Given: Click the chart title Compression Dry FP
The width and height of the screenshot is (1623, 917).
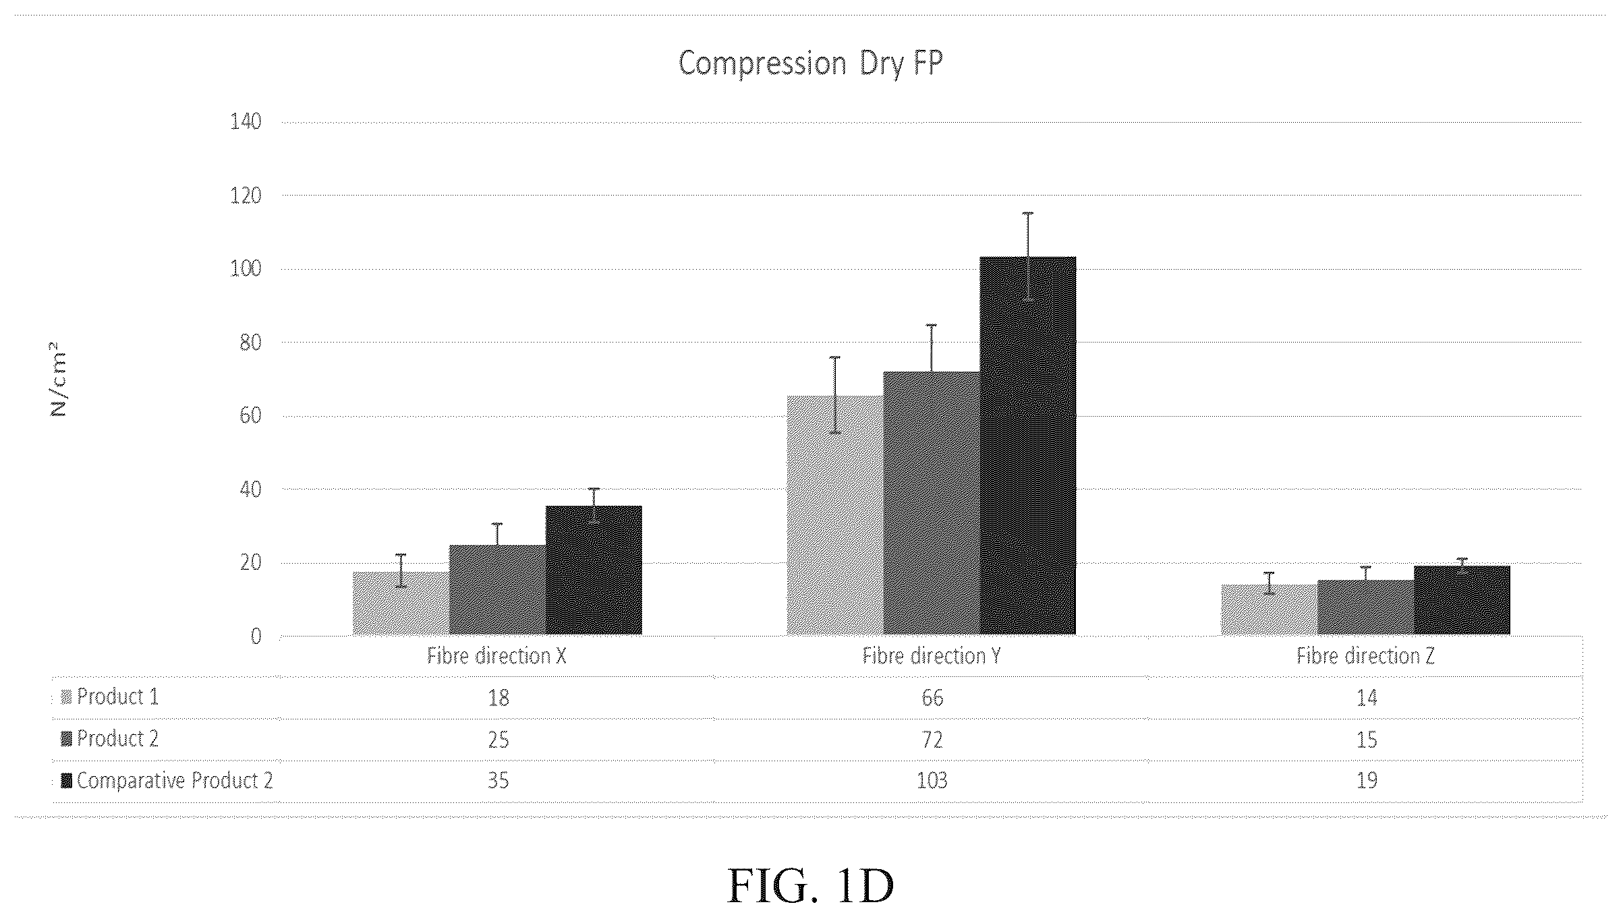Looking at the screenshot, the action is coord(810,63).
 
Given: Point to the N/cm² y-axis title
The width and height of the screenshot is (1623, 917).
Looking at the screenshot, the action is coord(59,380).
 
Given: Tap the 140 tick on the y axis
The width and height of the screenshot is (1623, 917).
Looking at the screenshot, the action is coord(246,122).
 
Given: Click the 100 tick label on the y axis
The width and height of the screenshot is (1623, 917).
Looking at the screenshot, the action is coord(246,269).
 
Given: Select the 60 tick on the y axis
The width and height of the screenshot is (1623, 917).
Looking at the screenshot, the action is coord(250,415).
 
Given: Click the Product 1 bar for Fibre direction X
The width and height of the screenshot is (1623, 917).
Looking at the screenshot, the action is coord(401,603).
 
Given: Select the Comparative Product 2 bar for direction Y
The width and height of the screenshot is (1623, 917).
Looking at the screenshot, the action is coord(1027,446).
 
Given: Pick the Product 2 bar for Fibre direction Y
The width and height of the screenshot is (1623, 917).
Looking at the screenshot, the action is coord(931,503).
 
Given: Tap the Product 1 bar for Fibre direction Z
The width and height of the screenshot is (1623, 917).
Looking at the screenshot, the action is coord(1269,610).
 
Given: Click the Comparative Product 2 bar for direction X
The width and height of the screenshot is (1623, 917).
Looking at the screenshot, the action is coord(594,570).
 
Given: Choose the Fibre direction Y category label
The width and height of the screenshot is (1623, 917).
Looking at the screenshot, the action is coord(932,656).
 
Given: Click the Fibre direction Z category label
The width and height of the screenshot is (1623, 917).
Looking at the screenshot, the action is coord(1365,656).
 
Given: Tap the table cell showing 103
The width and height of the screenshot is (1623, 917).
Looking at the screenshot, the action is coord(932,781).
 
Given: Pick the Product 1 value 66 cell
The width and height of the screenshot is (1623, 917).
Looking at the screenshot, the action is coord(932,698).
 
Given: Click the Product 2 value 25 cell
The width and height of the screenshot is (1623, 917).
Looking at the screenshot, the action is coord(498,740).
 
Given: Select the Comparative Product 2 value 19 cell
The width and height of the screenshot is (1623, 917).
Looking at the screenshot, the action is coord(1367,781).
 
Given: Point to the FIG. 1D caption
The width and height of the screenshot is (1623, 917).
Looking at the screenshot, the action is coord(811,885).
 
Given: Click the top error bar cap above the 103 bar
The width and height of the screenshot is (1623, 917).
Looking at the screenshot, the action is coord(1027,213).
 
